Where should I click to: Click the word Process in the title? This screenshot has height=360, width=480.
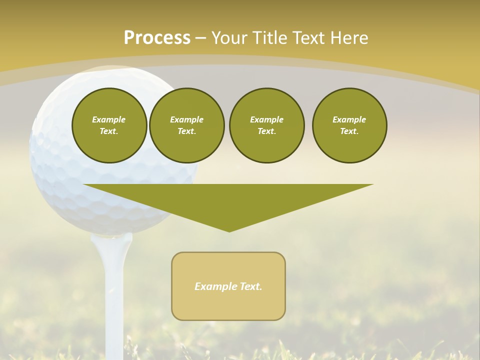click(157, 38)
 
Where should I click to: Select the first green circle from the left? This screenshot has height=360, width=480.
click(109, 125)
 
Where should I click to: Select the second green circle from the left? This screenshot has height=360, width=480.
click(186, 125)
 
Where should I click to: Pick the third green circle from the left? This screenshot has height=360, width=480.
click(266, 125)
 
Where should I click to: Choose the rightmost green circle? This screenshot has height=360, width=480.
click(349, 125)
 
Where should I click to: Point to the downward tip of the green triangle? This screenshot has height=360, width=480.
click(229, 230)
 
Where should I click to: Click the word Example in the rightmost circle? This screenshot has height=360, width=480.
click(349, 119)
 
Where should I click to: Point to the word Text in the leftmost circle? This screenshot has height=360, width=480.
click(108, 131)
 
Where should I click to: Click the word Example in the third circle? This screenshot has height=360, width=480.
click(266, 119)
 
